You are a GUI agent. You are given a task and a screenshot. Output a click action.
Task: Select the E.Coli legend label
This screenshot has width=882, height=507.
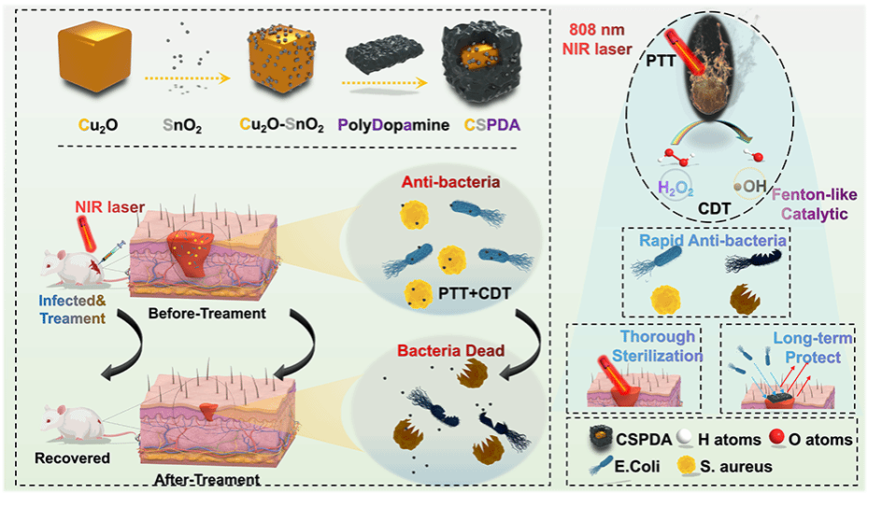[x=634, y=466]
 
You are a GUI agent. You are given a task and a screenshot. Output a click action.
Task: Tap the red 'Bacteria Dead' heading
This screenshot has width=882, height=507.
[x=436, y=352]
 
